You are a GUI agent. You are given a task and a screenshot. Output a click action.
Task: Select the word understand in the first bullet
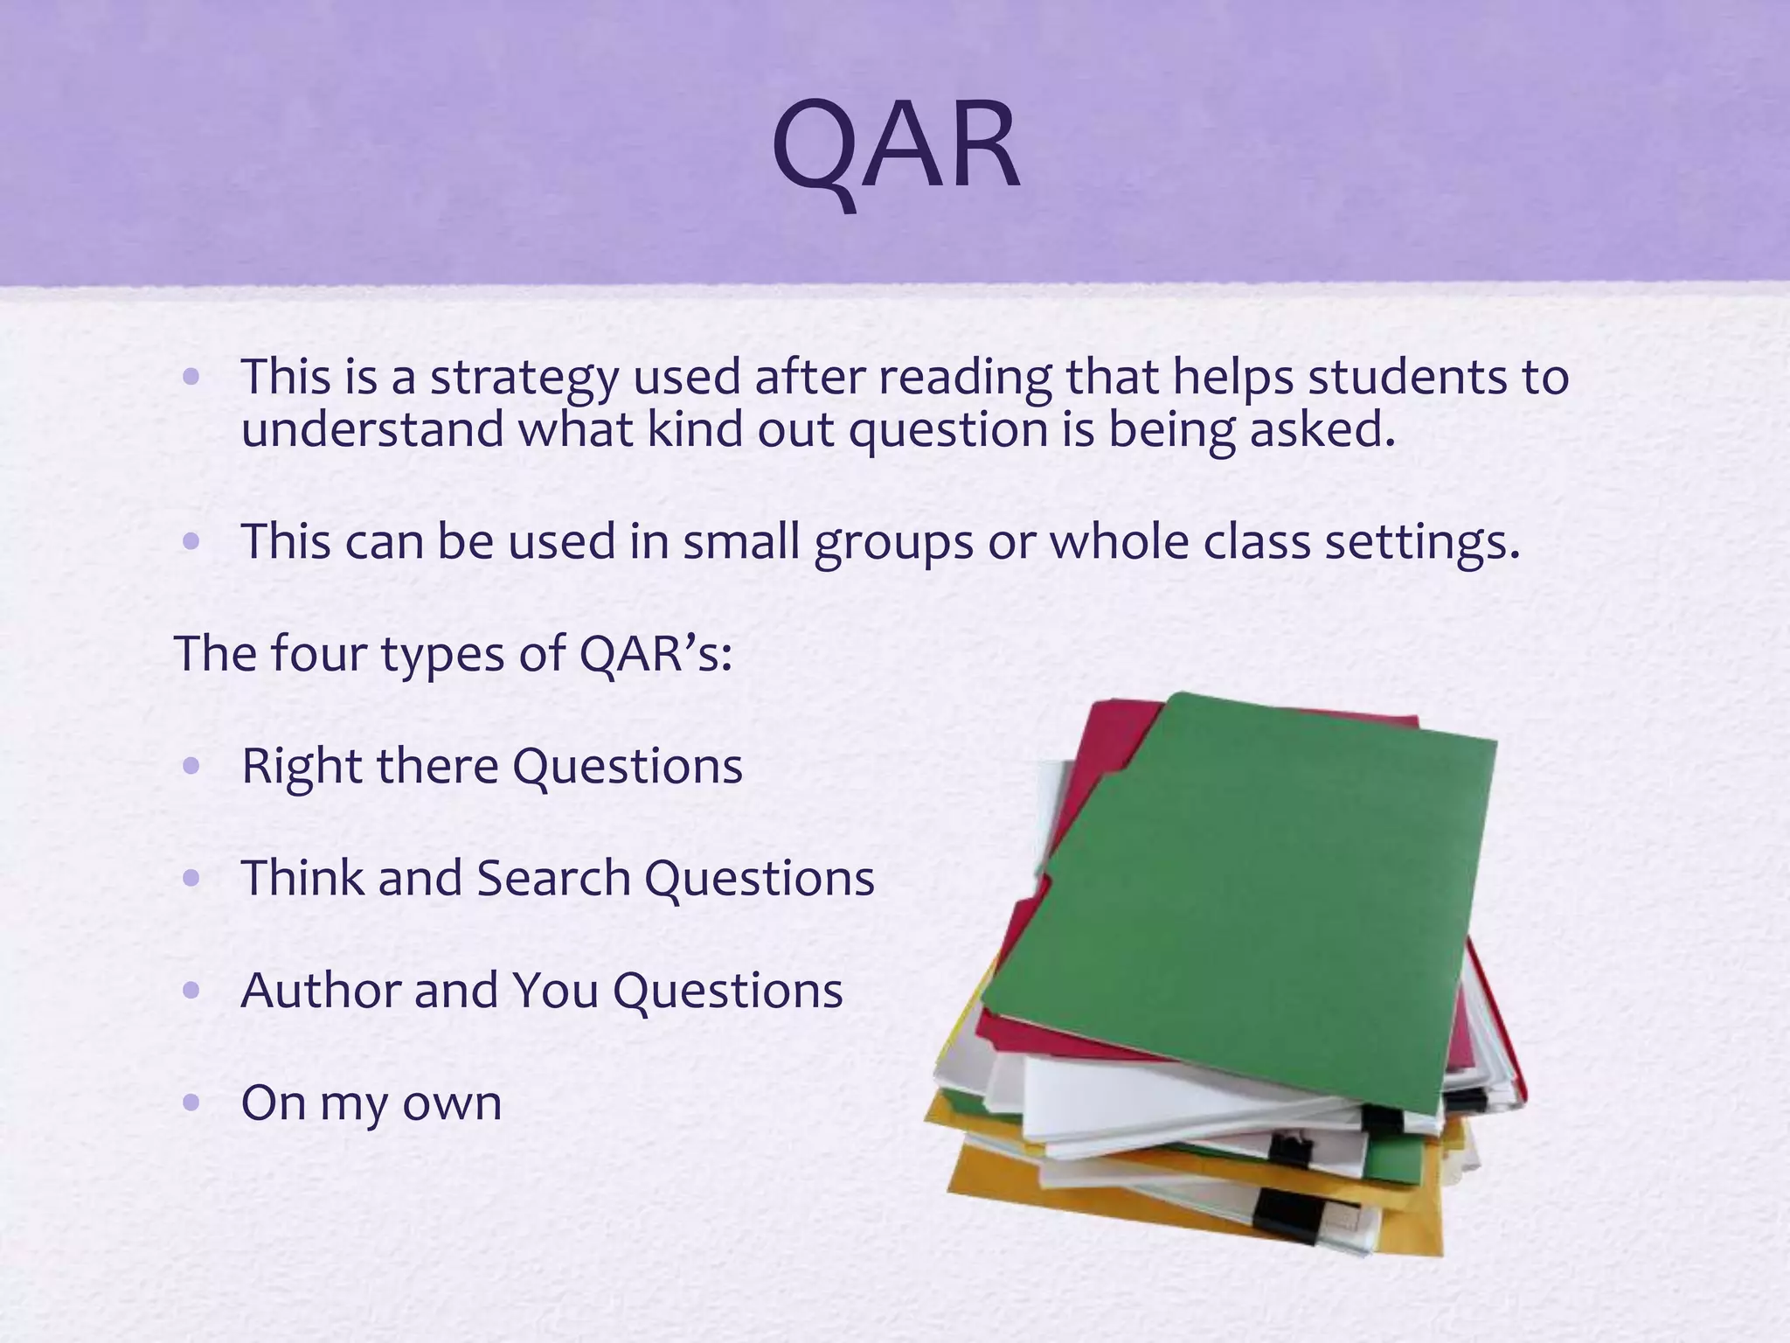click(x=372, y=430)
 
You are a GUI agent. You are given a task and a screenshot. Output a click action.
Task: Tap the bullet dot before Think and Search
click(x=192, y=878)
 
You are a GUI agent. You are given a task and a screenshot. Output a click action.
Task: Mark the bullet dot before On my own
click(x=192, y=1103)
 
